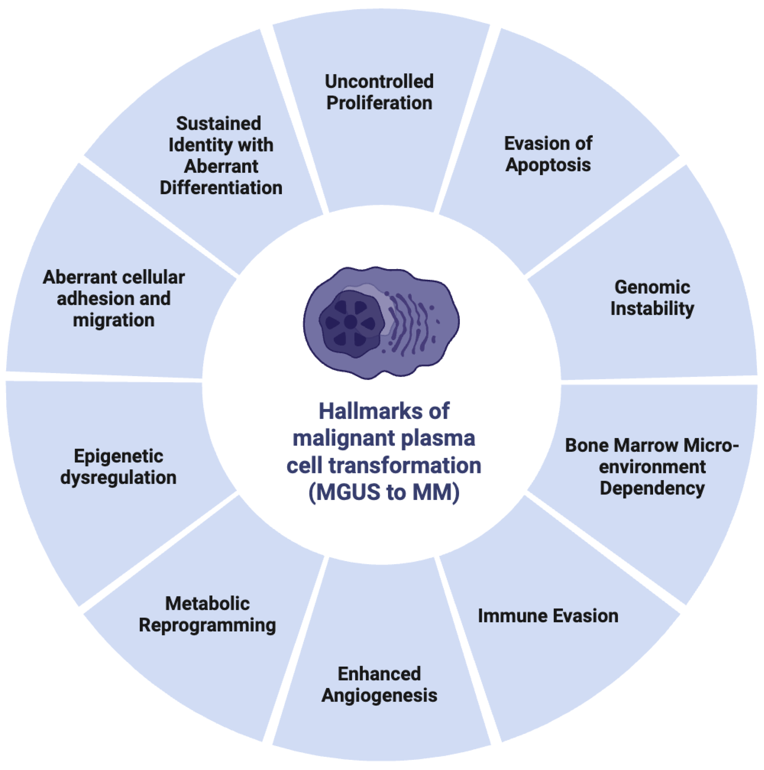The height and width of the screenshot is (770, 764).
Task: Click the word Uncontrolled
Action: (x=379, y=82)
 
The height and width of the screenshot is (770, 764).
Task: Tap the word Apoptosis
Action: (x=548, y=165)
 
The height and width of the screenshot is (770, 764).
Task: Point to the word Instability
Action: (x=652, y=309)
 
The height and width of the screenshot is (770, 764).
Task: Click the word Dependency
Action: (x=652, y=488)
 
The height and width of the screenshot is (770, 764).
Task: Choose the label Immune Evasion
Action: (x=548, y=616)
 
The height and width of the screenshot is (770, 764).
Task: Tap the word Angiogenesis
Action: (x=379, y=695)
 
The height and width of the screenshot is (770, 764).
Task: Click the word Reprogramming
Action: (x=207, y=625)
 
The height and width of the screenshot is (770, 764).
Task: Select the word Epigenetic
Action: (x=119, y=456)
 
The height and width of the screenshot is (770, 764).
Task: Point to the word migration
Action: (x=114, y=320)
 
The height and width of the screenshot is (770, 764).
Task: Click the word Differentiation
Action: (x=221, y=188)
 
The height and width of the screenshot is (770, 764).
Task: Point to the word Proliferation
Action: (x=379, y=103)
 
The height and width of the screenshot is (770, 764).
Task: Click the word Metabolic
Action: (x=207, y=603)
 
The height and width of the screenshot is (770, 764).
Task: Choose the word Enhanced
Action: (x=379, y=674)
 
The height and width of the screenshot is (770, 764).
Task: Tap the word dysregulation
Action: (x=119, y=477)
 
